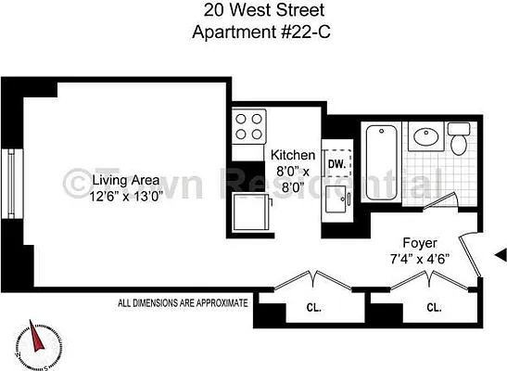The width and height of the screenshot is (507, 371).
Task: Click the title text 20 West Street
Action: (252, 12)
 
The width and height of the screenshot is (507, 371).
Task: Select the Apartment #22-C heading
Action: (252, 32)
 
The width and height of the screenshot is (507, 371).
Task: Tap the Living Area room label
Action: (112, 180)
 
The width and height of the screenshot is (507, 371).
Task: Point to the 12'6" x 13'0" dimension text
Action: (112, 197)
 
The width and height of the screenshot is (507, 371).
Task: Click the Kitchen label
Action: (293, 155)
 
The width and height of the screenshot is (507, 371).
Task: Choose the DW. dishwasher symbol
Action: (337, 163)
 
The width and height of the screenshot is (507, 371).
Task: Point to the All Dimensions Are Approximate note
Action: (183, 302)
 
